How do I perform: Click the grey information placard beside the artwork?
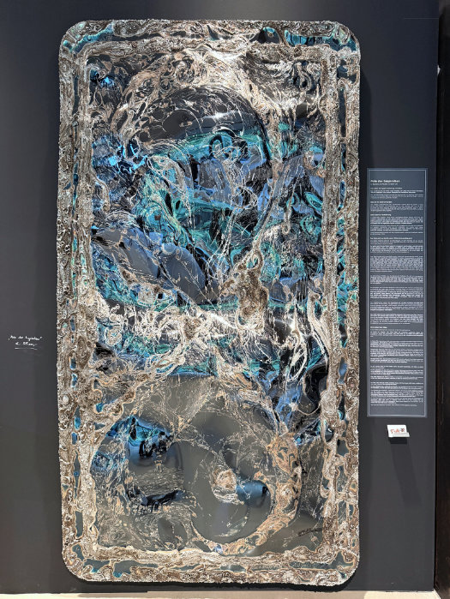[397, 291]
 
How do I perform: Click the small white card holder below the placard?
[398, 431]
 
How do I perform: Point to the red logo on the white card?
[397, 429]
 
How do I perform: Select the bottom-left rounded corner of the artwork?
[77, 572]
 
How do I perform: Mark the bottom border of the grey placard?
[397, 415]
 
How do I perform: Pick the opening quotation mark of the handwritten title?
[12, 339]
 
